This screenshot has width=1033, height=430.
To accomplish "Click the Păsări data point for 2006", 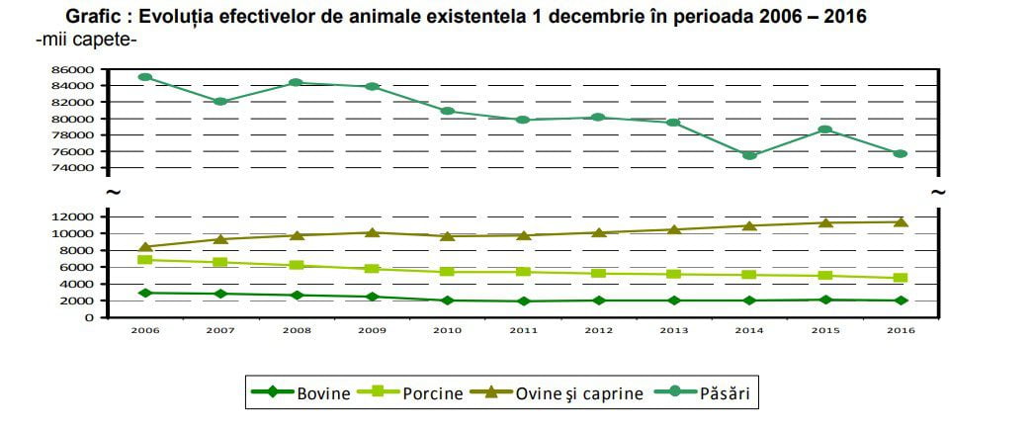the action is click(x=145, y=77).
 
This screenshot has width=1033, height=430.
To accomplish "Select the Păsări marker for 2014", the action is click(x=749, y=155).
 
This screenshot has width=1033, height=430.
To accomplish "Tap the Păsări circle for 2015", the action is click(x=824, y=129).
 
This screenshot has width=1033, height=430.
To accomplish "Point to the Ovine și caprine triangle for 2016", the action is click(x=901, y=221).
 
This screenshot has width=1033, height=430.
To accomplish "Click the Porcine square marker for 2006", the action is click(x=145, y=259).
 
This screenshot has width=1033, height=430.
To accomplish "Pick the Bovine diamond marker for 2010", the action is click(x=448, y=301).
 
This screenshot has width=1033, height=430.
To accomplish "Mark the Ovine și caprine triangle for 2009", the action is click(x=372, y=232).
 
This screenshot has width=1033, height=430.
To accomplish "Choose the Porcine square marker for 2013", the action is click(x=674, y=274).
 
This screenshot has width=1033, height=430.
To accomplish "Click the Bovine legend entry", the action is click(x=301, y=393).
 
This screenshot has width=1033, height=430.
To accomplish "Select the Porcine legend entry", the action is click(x=410, y=393).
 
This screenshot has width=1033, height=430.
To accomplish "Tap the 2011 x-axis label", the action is click(x=523, y=330).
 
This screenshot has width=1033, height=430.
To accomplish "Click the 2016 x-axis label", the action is click(x=902, y=330).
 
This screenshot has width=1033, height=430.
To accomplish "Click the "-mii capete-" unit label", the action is click(x=86, y=40).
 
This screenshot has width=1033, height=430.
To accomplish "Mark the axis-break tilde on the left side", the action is click(x=113, y=193).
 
